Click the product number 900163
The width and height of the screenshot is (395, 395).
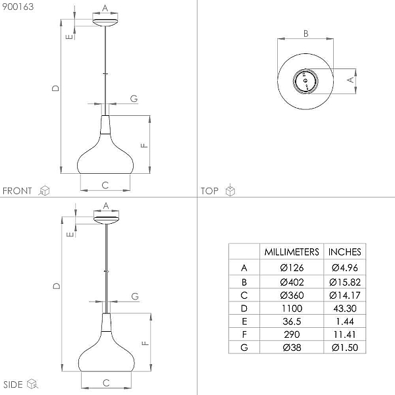18,7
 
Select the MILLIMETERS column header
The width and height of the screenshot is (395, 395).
292,252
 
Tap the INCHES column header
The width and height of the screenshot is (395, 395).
344,252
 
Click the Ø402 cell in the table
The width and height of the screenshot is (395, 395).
292,282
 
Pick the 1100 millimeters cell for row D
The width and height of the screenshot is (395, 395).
292,308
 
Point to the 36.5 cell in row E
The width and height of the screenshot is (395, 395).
292,321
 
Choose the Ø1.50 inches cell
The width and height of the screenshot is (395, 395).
344,348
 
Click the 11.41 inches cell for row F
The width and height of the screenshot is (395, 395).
344,334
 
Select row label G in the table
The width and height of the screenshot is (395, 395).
244,348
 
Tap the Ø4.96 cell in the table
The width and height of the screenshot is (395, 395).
344,268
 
